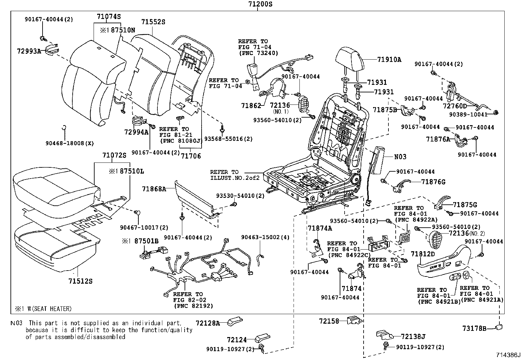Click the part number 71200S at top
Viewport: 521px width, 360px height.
pos(258,4)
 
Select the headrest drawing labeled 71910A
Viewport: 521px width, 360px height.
pos(350,58)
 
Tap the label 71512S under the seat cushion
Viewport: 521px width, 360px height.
pos(81,281)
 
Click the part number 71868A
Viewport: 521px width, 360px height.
pos(154,189)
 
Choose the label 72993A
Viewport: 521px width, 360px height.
pos(29,51)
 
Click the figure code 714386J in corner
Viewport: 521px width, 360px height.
pos(508,355)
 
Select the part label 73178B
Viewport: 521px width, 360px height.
pos(475,328)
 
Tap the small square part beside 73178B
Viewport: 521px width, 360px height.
pos(499,327)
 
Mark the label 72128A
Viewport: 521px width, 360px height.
pos(208,323)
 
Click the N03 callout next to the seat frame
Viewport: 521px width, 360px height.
pos(400,157)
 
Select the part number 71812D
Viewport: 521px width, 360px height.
pos(423,254)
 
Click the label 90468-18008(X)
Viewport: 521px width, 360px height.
pos(70,143)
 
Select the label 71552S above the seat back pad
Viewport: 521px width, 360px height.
pos(153,22)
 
